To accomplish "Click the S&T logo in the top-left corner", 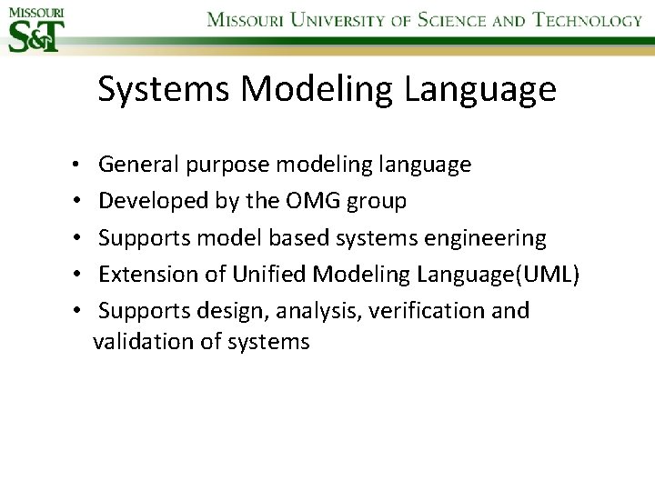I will pyautogui.click(x=35, y=29).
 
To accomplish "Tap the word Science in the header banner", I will pyautogui.click(x=451, y=20).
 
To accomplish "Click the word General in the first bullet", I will pyautogui.click(x=139, y=165).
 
